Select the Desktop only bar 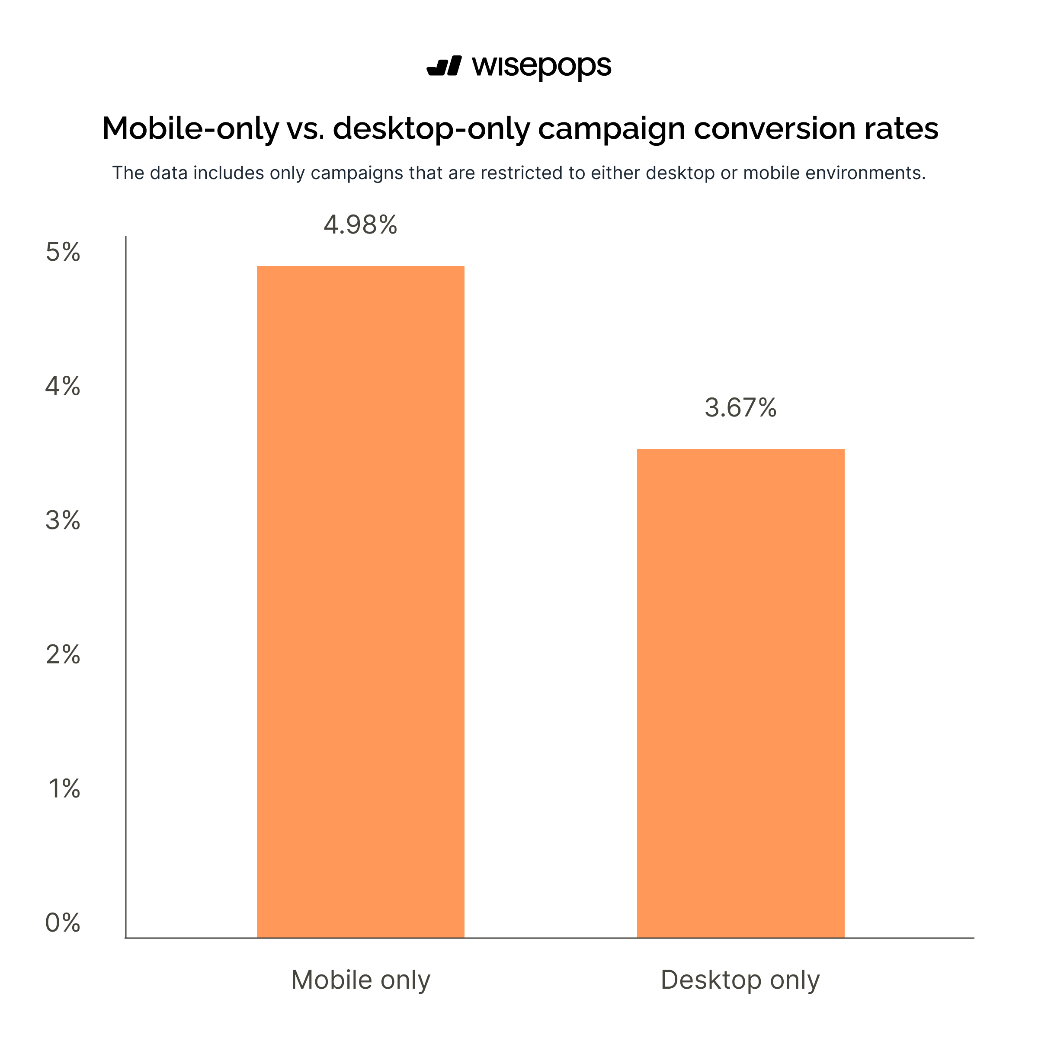pos(740,693)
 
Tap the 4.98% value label pos(360,224)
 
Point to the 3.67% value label pos(740,407)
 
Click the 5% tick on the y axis pos(63,252)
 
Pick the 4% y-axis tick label pos(63,386)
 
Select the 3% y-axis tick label pos(63,520)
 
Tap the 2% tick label pos(63,654)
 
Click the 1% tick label pos(64,789)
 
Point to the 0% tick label pos(63,923)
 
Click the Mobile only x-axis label pos(361,980)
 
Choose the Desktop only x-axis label pos(740,980)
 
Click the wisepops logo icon pos(444,66)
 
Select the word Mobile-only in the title pos(191,129)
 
